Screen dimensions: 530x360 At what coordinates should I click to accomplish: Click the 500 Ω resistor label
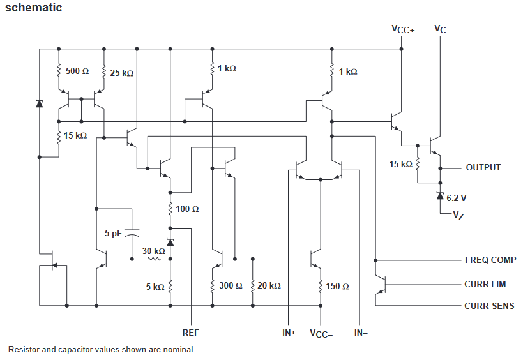coord(77,71)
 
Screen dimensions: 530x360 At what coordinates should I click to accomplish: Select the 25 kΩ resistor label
coord(122,73)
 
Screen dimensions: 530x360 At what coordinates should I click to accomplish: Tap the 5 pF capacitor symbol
coord(132,232)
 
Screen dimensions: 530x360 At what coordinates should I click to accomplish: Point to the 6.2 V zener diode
coord(440,195)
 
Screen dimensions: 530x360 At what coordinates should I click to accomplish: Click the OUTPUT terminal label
coord(483,167)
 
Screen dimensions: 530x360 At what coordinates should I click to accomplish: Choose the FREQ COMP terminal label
coord(490,260)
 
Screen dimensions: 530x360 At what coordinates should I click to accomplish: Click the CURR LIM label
coord(485,284)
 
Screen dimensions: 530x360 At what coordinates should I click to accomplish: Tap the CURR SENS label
coord(489,306)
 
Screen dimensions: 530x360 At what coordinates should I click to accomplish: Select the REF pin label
coord(191,333)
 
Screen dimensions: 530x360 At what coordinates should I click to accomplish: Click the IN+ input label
coord(289,333)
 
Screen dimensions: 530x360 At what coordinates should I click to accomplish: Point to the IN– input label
coord(361,333)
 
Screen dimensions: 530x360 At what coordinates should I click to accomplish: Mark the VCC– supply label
coord(321,334)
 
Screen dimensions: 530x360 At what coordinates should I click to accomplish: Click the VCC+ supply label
coord(403,29)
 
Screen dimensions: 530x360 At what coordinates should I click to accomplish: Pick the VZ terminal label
coord(458,215)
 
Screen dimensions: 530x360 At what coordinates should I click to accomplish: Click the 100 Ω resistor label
coord(187,209)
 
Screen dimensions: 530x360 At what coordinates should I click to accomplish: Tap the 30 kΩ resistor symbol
coord(154,259)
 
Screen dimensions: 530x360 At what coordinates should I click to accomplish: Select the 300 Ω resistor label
coord(231,285)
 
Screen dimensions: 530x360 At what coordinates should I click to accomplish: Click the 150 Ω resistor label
coord(337,287)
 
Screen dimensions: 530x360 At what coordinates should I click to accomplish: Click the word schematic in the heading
coord(33,8)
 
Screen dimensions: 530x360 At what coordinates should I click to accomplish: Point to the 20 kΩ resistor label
coord(269,285)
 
